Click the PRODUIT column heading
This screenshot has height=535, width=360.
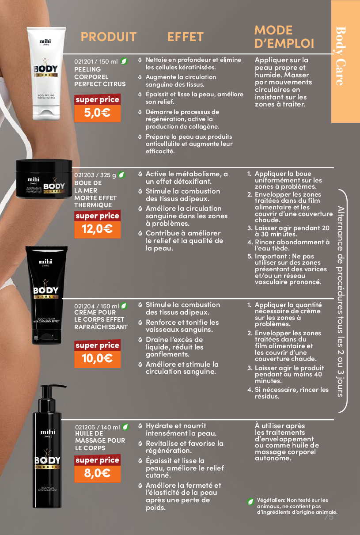(x=109, y=37)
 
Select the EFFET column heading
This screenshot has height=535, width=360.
(x=185, y=37)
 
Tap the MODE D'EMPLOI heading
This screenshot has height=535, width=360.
(x=284, y=37)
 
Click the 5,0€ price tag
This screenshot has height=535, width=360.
(x=98, y=113)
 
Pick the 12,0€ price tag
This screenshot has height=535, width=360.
(x=98, y=229)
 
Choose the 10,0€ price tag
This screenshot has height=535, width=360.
(x=98, y=358)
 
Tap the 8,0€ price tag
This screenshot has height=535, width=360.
(x=98, y=473)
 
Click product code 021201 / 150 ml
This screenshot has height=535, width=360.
(x=96, y=61)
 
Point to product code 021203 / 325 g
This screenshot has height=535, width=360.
(x=95, y=175)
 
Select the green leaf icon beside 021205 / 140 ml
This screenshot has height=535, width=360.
(x=125, y=427)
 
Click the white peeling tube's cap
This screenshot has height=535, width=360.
(x=46, y=112)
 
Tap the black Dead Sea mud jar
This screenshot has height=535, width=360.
(x=44, y=178)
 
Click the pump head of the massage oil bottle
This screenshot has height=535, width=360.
(x=51, y=391)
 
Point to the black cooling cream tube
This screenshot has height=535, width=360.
(x=46, y=295)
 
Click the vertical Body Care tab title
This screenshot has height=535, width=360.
(x=341, y=56)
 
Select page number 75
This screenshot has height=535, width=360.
(x=329, y=516)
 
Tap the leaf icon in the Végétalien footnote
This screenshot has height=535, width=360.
(x=250, y=502)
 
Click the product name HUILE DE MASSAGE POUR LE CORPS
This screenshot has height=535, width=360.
(x=100, y=440)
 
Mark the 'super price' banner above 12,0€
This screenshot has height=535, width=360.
(x=98, y=216)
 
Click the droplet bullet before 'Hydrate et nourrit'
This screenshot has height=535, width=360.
(x=140, y=426)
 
